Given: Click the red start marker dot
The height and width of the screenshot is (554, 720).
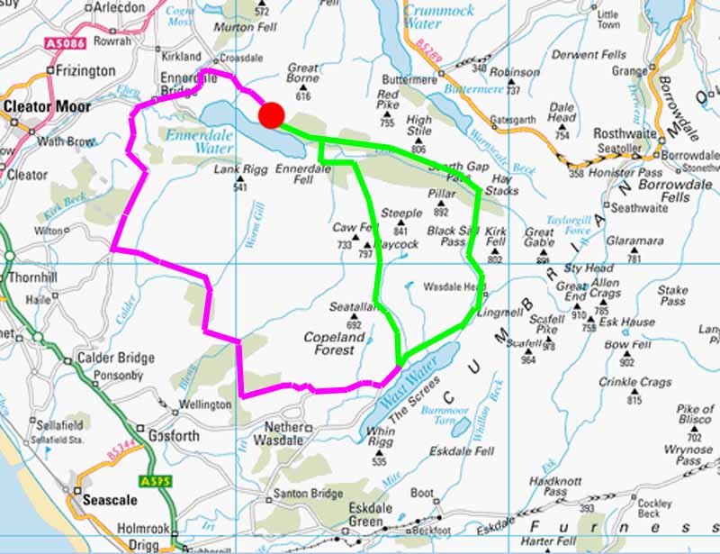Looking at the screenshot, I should pyautogui.click(x=271, y=115).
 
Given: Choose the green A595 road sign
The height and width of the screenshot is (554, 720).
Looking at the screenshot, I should pyautogui.click(x=152, y=482).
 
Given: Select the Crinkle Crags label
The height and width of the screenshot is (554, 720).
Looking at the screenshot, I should pyautogui.click(x=637, y=382).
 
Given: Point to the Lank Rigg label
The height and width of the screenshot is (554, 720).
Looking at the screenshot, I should pyautogui.click(x=237, y=168).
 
